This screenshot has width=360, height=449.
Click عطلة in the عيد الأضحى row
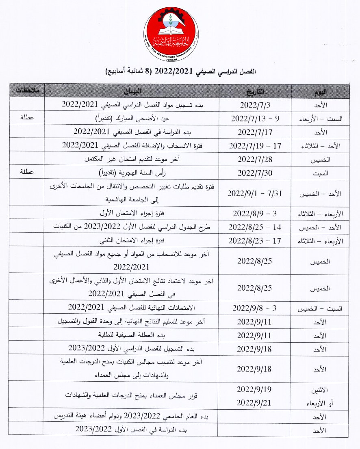pos(27,118)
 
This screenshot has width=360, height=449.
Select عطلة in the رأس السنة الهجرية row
pos(27,172)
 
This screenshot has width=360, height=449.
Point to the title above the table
pos(181,71)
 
